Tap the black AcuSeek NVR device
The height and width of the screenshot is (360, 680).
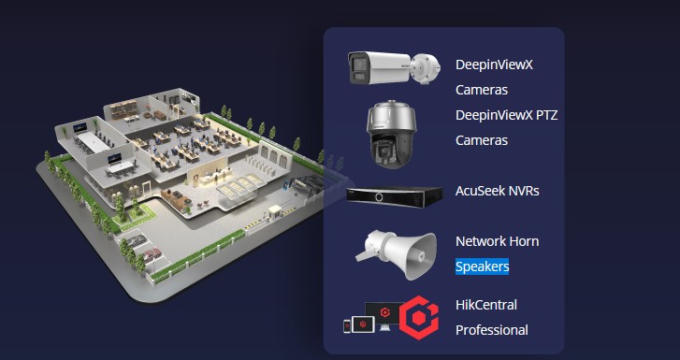(393, 194)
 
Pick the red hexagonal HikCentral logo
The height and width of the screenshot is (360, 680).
(419, 318)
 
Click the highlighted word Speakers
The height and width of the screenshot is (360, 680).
(482, 266)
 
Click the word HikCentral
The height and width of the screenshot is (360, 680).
(485, 305)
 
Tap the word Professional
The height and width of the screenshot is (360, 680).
(491, 330)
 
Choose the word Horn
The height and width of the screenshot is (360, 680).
(524, 241)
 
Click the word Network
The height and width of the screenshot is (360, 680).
(483, 241)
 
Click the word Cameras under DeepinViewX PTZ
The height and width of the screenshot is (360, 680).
(481, 140)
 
